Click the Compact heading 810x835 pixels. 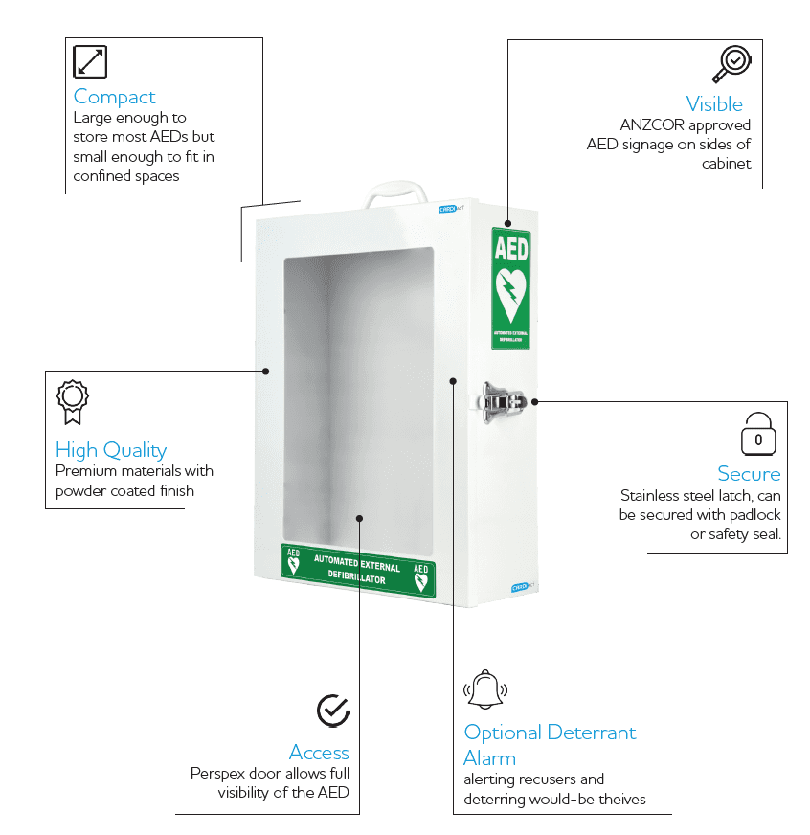pyautogui.click(x=114, y=97)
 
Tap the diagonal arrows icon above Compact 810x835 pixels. pyautogui.click(x=90, y=61)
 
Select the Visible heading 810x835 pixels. pyautogui.click(x=714, y=103)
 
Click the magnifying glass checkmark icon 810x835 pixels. pyautogui.click(x=731, y=63)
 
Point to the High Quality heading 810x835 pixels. pyautogui.click(x=111, y=450)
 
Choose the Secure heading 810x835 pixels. pyautogui.click(x=749, y=474)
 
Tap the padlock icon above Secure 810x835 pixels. pyautogui.click(x=758, y=435)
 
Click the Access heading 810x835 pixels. pyautogui.click(x=319, y=752)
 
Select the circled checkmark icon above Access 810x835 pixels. pyautogui.click(x=332, y=711)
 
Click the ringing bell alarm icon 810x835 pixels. pyautogui.click(x=485, y=689)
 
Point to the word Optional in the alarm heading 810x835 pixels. pyautogui.click(x=503, y=733)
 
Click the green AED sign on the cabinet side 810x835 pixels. pyautogui.click(x=510, y=288)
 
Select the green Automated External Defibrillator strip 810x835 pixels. pyautogui.click(x=357, y=571)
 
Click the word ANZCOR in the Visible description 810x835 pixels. pyautogui.click(x=653, y=125)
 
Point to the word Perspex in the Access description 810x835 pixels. pyautogui.click(x=218, y=773)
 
